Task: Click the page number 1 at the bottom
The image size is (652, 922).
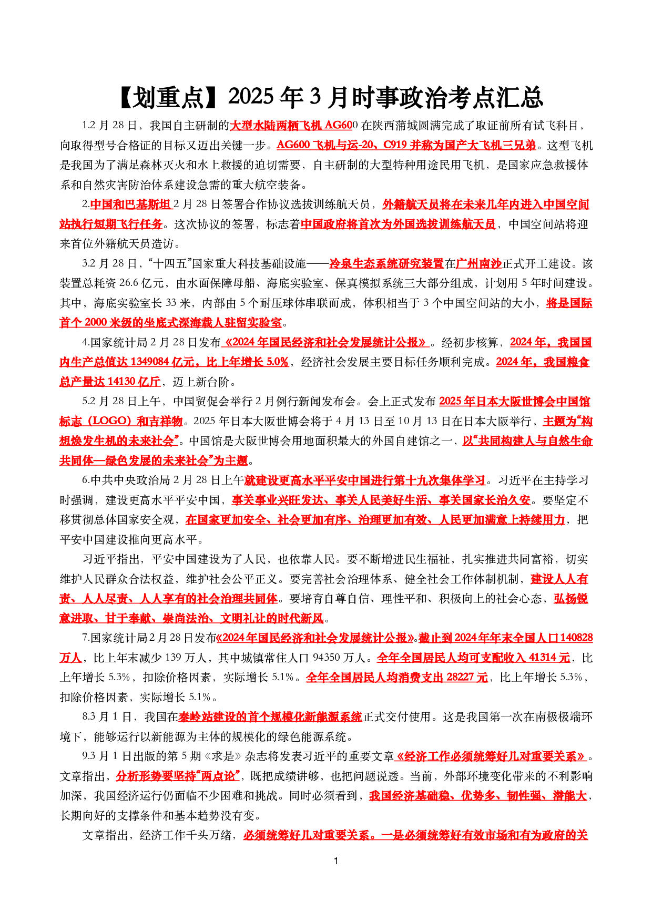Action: pyautogui.click(x=336, y=860)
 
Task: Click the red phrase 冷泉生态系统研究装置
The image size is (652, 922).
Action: pyautogui.click(x=386, y=263)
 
